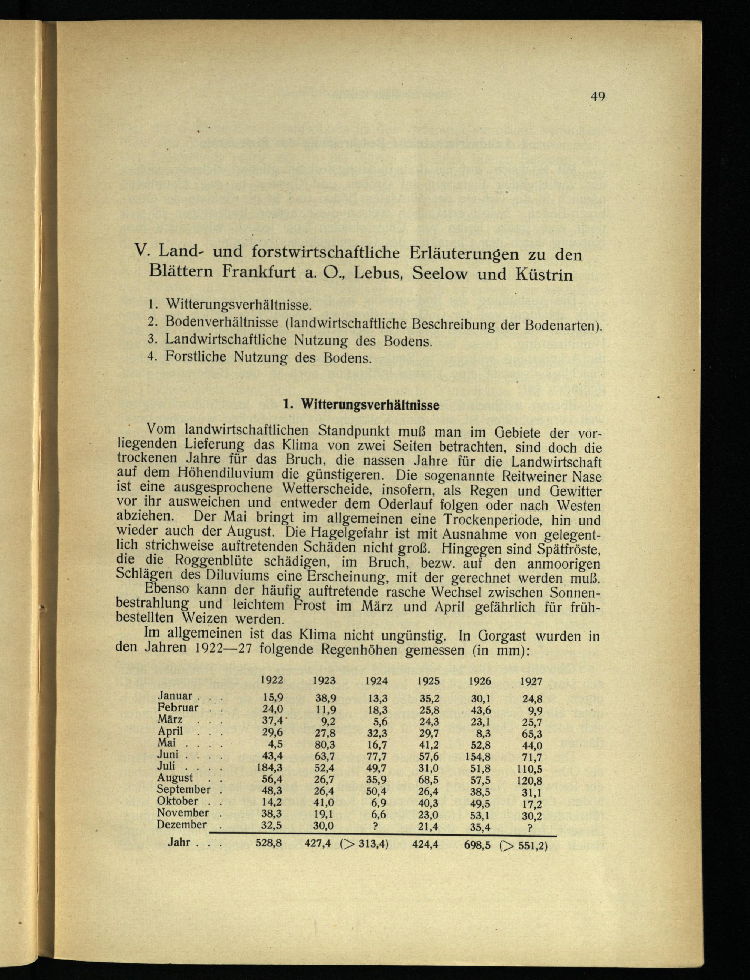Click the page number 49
tap(597, 96)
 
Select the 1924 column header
tap(376, 681)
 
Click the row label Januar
tap(175, 696)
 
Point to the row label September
tap(183, 789)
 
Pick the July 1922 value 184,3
tap(270, 767)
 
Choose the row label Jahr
tap(179, 842)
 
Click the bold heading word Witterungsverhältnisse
tap(370, 405)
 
